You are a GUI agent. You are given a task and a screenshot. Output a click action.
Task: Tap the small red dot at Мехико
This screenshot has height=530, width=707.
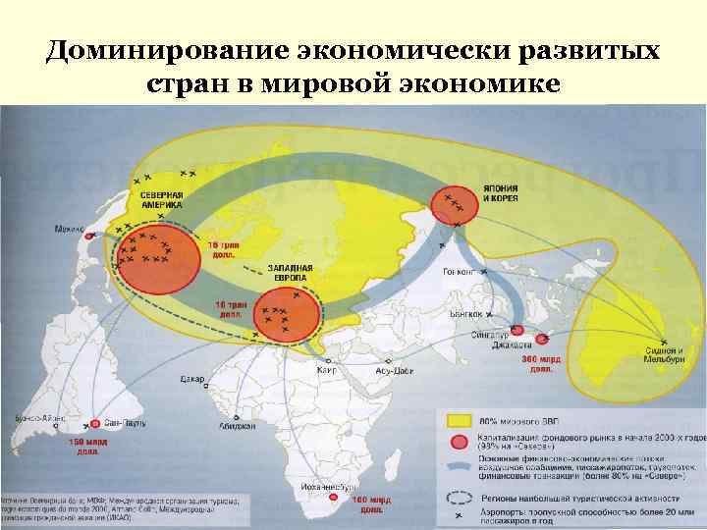(x=88, y=236)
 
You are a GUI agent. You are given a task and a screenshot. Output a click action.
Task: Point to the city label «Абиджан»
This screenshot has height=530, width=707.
(x=239, y=426)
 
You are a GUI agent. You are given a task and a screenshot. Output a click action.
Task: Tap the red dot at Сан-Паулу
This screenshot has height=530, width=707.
(x=95, y=424)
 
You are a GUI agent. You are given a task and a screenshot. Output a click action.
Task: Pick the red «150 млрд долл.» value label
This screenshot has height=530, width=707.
(x=82, y=448)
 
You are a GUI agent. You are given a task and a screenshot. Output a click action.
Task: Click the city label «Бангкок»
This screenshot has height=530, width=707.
(x=466, y=314)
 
